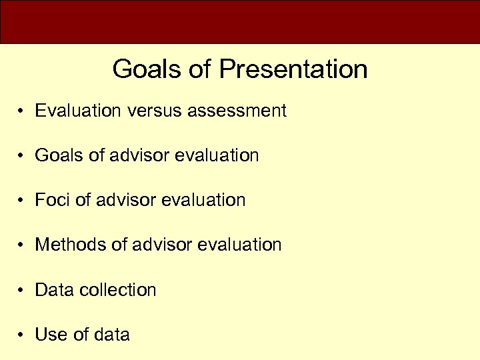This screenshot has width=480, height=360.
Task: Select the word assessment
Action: (237, 111)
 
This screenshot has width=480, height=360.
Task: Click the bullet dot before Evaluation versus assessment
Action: (22, 111)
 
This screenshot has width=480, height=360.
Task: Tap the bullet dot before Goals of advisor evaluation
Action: (22, 156)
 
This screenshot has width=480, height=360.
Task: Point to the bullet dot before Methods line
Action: (22, 245)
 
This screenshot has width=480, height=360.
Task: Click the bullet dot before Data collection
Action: (22, 291)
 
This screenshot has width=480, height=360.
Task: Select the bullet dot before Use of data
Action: (22, 335)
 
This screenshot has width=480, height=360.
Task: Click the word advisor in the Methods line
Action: (161, 245)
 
